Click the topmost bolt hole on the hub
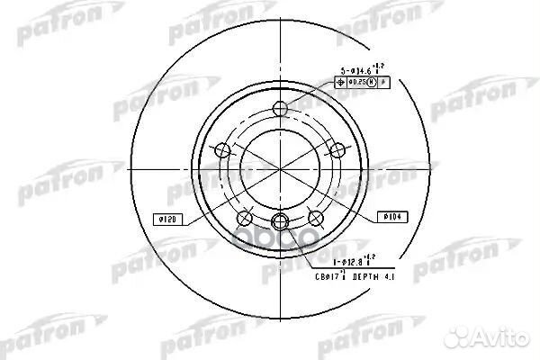point(279,111)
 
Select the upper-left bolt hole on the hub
point(221,149)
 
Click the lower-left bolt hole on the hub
point(243,217)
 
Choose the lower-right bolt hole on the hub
point(315,217)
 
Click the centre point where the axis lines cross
point(279,169)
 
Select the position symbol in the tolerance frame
point(340,82)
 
